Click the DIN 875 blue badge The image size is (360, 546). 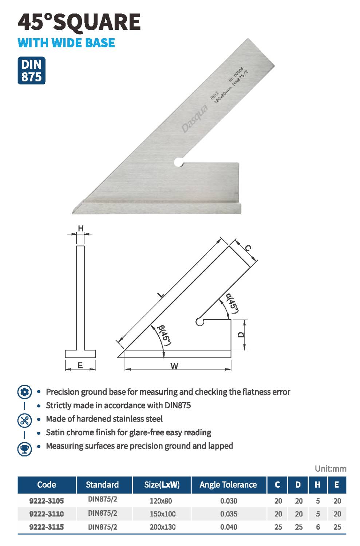pyautogui.click(x=31, y=71)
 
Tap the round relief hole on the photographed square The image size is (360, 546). pyautogui.click(x=179, y=162)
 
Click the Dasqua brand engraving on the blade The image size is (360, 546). pyautogui.click(x=195, y=119)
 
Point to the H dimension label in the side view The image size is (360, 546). pyautogui.click(x=81, y=228)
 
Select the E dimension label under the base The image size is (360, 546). pyautogui.click(x=80, y=365)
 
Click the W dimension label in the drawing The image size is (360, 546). pyautogui.click(x=174, y=366)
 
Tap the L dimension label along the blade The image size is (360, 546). pyautogui.click(x=161, y=295)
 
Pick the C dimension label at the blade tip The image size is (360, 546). pyautogui.click(x=248, y=248)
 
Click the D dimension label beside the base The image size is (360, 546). pyautogui.click(x=241, y=335)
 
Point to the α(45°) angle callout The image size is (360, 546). pyautogui.click(x=232, y=303)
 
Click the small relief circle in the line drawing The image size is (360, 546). pyautogui.click(x=199, y=322)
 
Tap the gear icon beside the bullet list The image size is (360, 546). pyautogui.click(x=25, y=392)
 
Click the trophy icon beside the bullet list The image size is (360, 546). pyautogui.click(x=25, y=449)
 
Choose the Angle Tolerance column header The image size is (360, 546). pyautogui.click(x=228, y=484)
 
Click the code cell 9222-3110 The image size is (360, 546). pyautogui.click(x=47, y=514)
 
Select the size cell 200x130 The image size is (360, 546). pyautogui.click(x=163, y=527)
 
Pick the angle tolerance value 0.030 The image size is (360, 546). pyautogui.click(x=229, y=501)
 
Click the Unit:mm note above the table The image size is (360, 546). pyautogui.click(x=331, y=468)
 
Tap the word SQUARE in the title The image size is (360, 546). pyautogui.click(x=97, y=22)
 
